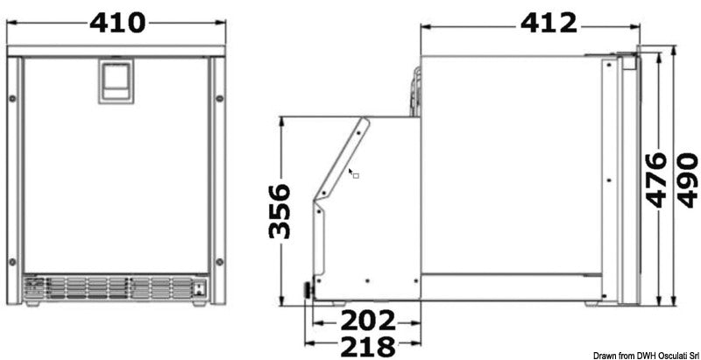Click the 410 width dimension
point(117,22)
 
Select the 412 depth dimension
point(549,22)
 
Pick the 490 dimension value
point(687,180)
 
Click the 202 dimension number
point(368,320)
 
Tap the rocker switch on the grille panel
point(201,286)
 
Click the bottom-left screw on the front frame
point(12,263)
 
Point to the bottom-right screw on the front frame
point(220,263)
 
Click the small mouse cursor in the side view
point(352,173)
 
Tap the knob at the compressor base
point(308,290)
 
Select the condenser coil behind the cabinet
point(414,93)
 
